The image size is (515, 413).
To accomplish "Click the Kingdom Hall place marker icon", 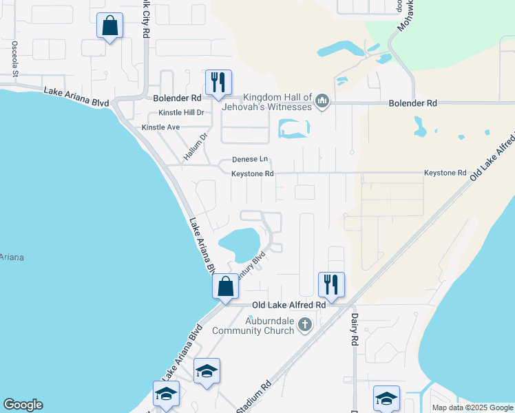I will (x=322, y=103).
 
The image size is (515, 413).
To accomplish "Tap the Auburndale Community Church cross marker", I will (x=305, y=324).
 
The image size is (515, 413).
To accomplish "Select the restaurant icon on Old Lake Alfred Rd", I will (x=331, y=284).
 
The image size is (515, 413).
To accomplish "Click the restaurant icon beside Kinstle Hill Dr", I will (x=218, y=82).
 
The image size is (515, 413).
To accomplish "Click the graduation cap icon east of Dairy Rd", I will (x=386, y=397).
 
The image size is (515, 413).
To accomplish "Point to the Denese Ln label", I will (x=249, y=159).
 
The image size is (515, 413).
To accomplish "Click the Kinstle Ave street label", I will (x=160, y=127).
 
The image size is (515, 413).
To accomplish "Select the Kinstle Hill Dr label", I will (x=182, y=112).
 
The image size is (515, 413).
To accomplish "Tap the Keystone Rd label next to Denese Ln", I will (x=252, y=173).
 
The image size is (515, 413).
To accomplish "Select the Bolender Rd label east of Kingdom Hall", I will (x=412, y=103).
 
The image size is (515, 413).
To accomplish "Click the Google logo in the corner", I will (x=23, y=405).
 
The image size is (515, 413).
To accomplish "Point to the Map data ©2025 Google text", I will (x=472, y=407).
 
